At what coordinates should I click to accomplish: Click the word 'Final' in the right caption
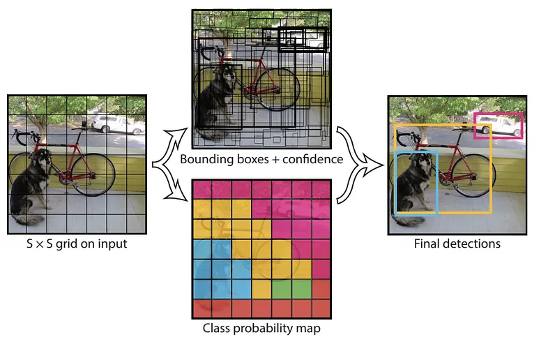pos(427,243)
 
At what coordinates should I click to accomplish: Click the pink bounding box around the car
pos(497,114)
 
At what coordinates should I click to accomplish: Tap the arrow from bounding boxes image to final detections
pos(352,143)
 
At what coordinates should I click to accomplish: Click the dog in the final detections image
pos(415,185)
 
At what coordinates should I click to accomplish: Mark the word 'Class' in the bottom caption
pos(217,327)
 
